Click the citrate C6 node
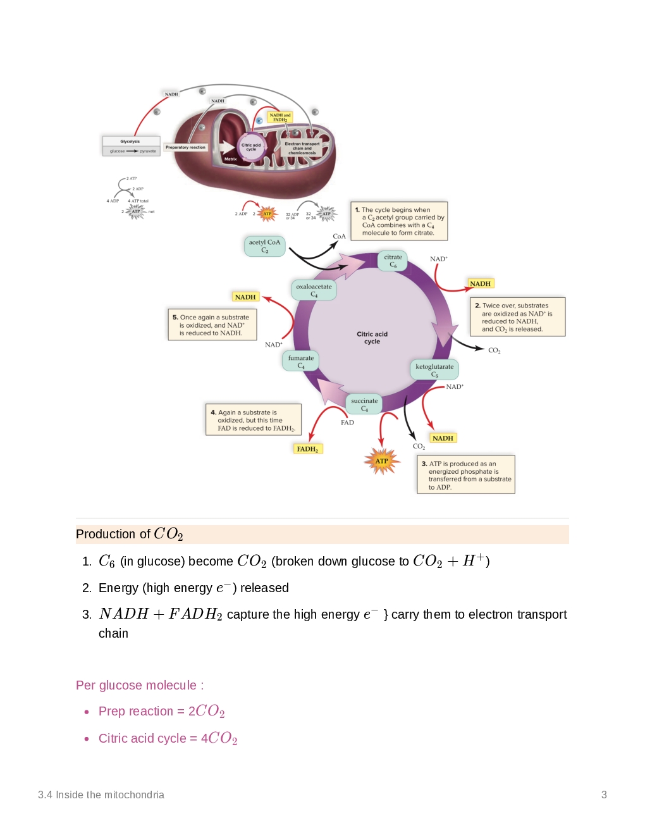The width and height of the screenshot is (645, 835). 393,261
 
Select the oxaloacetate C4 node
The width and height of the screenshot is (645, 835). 314,290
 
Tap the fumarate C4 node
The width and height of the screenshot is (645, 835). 301,361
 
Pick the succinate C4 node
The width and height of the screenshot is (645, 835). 364,404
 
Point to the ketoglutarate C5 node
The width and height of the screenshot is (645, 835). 434,370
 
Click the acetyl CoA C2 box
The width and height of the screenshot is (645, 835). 264,246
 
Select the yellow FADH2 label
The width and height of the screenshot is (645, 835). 308,448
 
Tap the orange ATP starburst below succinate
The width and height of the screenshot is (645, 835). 382,461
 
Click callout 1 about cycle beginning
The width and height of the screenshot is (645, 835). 399,221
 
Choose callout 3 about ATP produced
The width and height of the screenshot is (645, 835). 466,474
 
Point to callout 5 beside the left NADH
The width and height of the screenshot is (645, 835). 212,325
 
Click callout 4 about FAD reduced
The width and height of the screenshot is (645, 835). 253,420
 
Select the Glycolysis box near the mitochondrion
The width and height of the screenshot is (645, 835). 131,145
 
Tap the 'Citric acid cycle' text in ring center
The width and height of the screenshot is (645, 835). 372,337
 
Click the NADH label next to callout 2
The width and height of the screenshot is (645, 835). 481,283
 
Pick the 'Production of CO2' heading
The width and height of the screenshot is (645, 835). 130,534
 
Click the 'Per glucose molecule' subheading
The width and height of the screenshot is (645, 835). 140,685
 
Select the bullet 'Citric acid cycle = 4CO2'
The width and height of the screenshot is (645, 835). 168,738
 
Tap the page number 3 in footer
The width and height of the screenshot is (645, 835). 604,795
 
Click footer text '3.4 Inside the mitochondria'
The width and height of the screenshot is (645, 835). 101,795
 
